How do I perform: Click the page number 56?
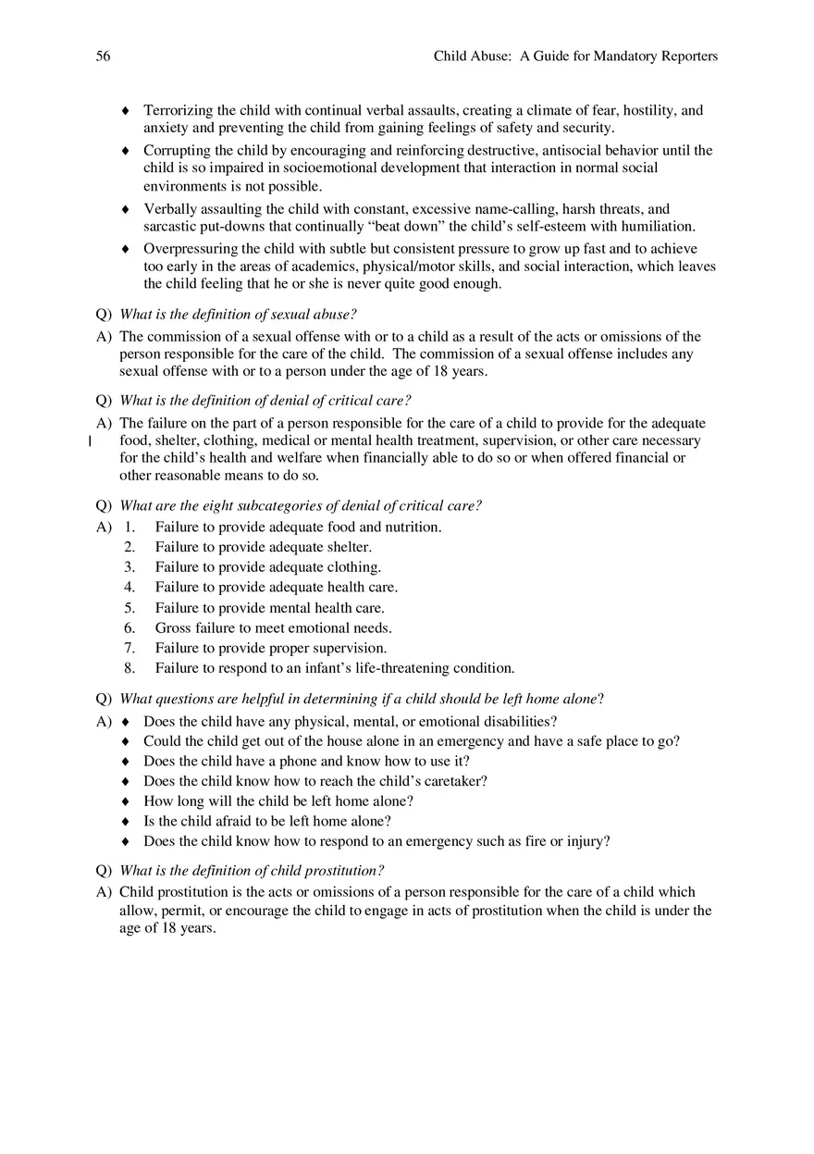tap(103, 56)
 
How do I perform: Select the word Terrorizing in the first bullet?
tap(178, 110)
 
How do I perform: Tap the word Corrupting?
tap(176, 150)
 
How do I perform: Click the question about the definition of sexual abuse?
tap(238, 315)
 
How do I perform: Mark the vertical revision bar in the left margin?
tap(89, 441)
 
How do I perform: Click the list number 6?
tap(129, 628)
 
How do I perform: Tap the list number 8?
tap(129, 668)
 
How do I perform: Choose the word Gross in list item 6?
tap(173, 628)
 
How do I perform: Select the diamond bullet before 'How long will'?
tap(126, 801)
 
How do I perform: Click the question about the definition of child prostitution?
tap(252, 871)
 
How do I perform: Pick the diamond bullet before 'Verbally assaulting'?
tap(126, 209)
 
